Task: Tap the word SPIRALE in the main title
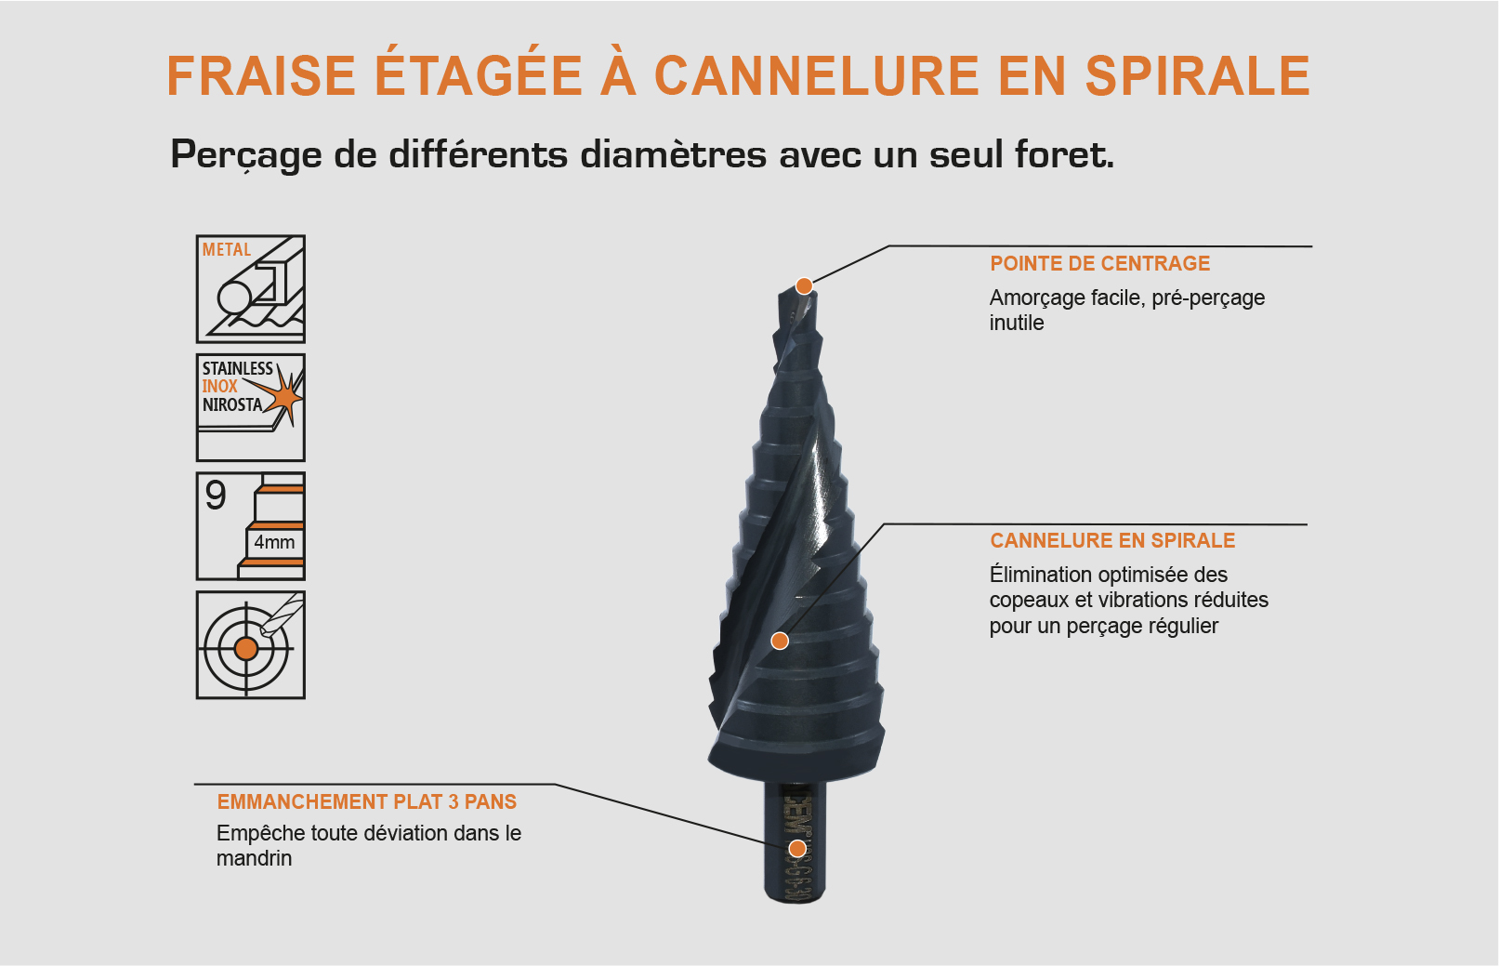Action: pos(1198,76)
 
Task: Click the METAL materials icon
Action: pos(251,289)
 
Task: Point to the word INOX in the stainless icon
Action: pos(220,386)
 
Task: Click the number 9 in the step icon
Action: pos(216,496)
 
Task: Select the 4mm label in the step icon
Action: pos(274,542)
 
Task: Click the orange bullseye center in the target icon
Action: pos(246,648)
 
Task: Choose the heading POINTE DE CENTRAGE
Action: pos(1099,264)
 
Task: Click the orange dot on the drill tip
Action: pos(805,285)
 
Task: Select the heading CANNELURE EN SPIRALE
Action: pos(1112,541)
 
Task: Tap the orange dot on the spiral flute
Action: pos(781,641)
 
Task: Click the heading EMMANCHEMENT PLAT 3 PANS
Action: pos(367,802)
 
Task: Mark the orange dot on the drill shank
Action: pos(797,848)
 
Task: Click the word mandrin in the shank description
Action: pos(254,859)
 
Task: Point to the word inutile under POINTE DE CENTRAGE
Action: pos(1017,324)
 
